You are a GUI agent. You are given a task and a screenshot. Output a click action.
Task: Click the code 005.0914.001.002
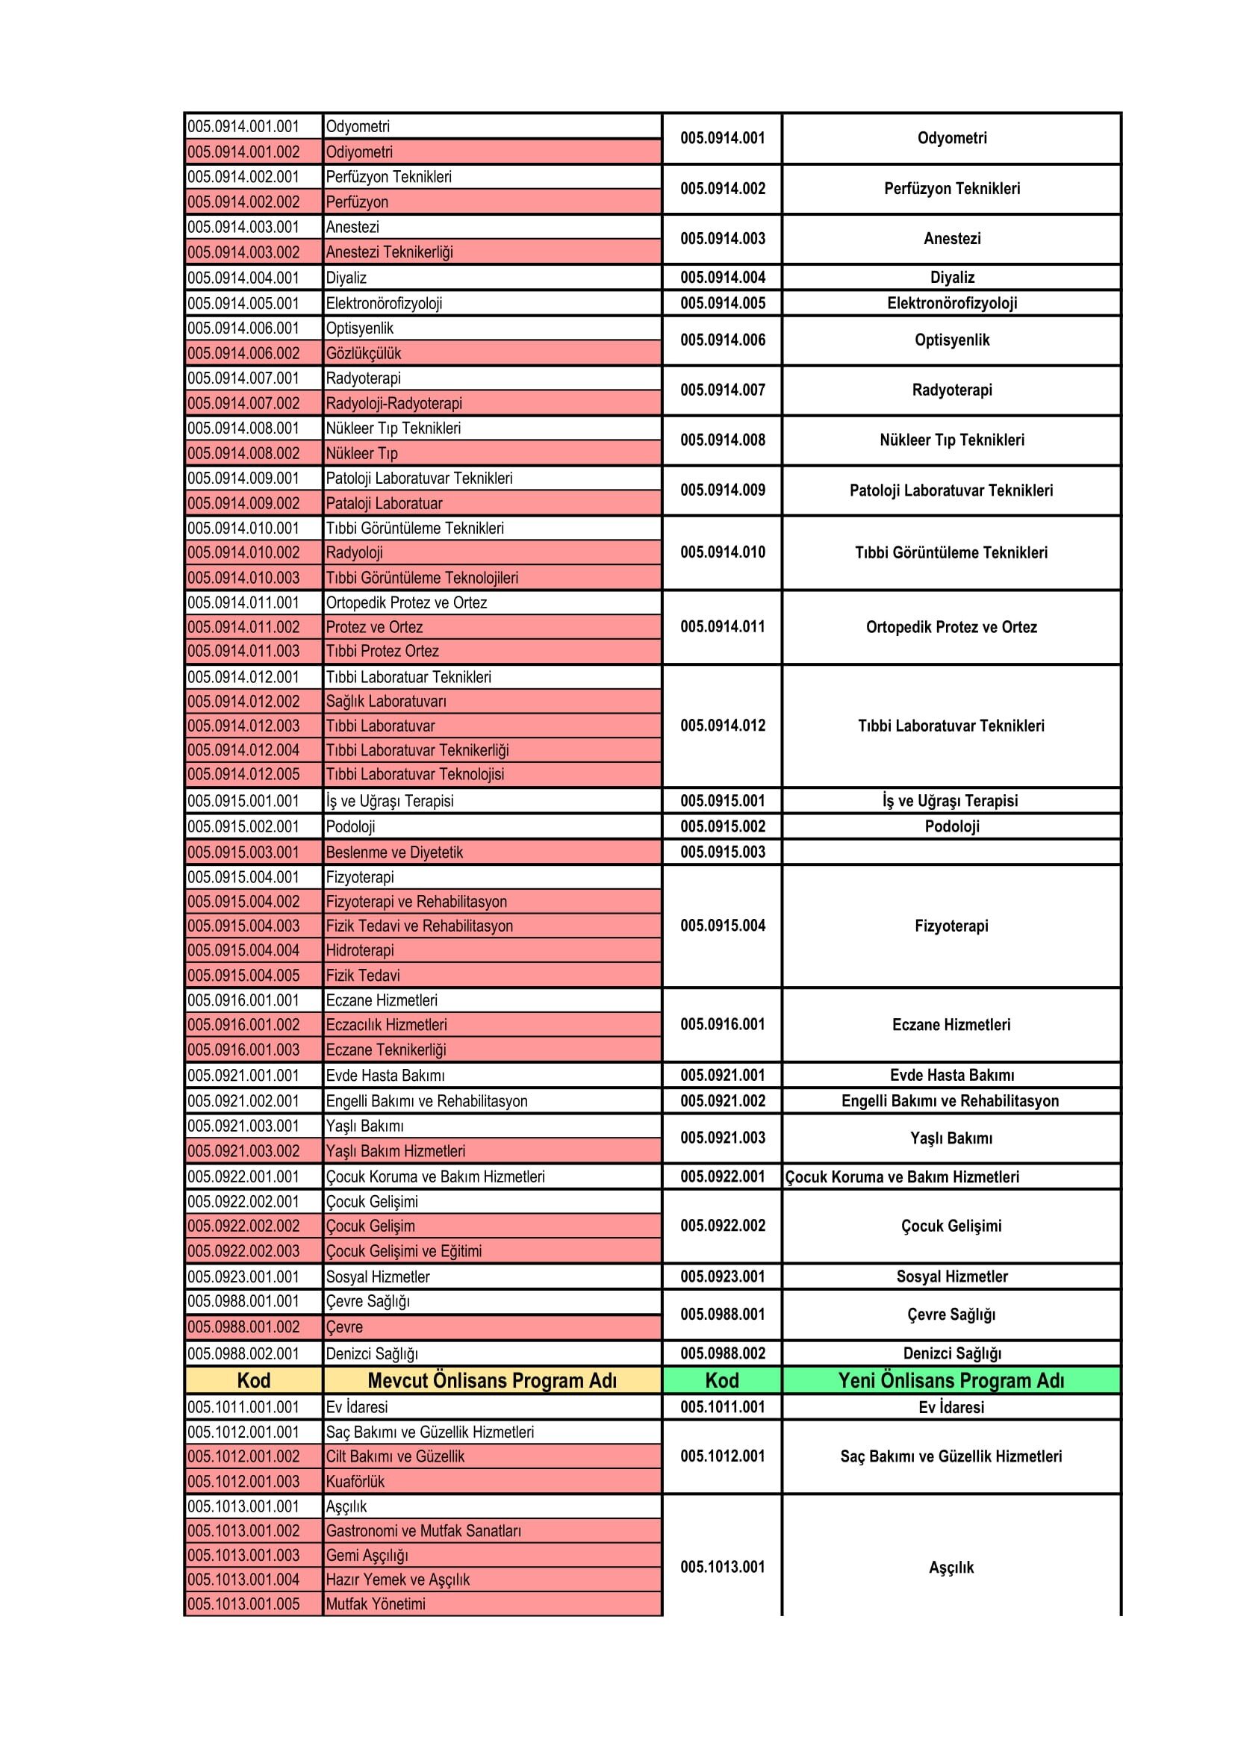pos(243,152)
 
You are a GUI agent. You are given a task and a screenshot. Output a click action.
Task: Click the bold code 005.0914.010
pos(723,553)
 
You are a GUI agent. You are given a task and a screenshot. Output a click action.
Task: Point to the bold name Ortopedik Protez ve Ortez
pos(951,627)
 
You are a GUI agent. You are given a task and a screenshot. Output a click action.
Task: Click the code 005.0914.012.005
pos(243,774)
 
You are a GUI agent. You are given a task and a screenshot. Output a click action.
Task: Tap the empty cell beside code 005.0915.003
pos(951,852)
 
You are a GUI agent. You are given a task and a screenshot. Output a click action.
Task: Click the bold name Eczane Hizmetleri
pos(951,1025)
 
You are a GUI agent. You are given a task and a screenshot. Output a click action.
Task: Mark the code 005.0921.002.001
pos(243,1101)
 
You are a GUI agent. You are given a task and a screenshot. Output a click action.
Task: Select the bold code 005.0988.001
pos(723,1315)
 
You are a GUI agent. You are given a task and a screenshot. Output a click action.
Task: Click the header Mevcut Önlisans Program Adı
pos(492,1381)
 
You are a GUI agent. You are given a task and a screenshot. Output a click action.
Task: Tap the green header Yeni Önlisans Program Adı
pos(951,1381)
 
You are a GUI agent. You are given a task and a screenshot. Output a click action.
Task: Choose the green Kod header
pos(722,1381)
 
